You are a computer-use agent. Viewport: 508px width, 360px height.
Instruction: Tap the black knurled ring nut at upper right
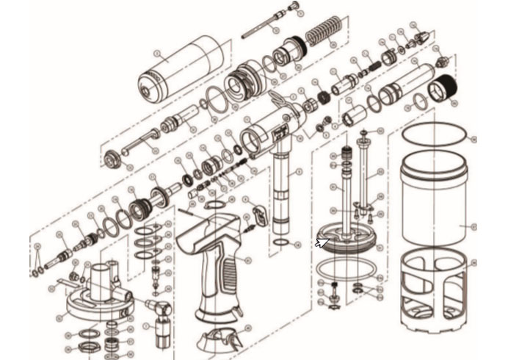click(x=446, y=89)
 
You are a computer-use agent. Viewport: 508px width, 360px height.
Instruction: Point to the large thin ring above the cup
click(x=435, y=135)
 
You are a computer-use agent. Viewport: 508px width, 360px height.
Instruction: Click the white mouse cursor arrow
click(x=321, y=242)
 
